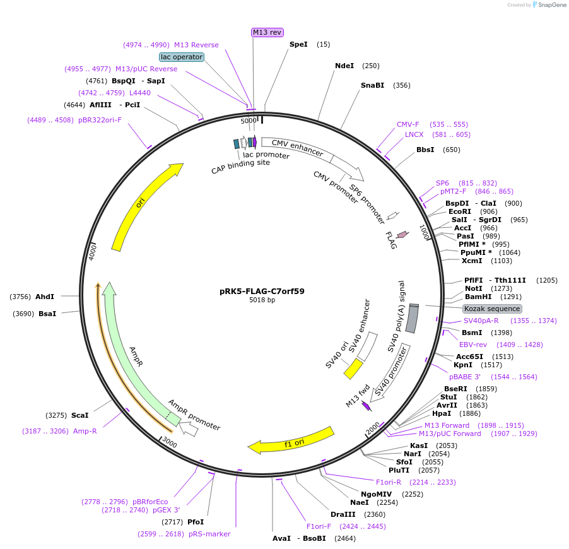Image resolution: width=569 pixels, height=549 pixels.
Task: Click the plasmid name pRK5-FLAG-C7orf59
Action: tap(262, 291)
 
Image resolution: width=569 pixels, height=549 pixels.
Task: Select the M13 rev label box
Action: tap(267, 32)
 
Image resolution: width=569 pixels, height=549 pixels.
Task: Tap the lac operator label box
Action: tap(182, 57)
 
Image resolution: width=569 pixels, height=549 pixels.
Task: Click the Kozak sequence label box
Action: tap(492, 309)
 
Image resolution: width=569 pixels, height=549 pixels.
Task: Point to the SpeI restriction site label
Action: tap(298, 44)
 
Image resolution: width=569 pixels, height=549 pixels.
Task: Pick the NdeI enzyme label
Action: tap(344, 66)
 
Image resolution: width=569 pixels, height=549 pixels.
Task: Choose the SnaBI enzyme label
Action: tap(372, 85)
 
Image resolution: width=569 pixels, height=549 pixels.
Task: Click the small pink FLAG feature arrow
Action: tap(402, 235)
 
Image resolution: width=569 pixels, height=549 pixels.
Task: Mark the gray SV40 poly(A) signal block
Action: tap(411, 319)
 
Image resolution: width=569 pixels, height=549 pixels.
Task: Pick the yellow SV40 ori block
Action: tap(353, 369)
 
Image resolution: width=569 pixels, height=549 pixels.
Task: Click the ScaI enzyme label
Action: tap(79, 415)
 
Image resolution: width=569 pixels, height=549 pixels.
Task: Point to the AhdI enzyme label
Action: tap(45, 297)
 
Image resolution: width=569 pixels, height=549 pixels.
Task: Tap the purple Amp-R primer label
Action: tap(85, 431)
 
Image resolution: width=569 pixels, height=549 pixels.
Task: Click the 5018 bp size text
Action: tap(262, 300)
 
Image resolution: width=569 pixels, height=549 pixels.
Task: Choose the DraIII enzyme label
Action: tap(341, 514)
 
